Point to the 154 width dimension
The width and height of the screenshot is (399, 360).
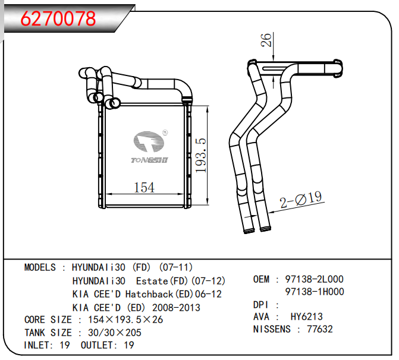pyautogui.click(x=144, y=188)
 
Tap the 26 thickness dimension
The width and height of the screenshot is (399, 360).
pyautogui.click(x=267, y=40)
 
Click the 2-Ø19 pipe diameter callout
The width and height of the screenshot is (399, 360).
pyautogui.click(x=300, y=200)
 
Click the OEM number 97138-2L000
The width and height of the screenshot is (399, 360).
pyautogui.click(x=315, y=279)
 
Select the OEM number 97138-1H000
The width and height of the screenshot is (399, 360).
pyautogui.click(x=315, y=292)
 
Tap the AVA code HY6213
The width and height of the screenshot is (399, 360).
pyautogui.click(x=306, y=317)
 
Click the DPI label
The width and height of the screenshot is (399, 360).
pyautogui.click(x=262, y=304)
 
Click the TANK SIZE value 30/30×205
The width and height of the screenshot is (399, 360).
pyautogui.click(x=114, y=333)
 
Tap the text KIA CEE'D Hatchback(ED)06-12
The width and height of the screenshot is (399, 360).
pyautogui.click(x=147, y=294)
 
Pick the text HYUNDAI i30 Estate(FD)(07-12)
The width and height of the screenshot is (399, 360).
pyautogui.click(x=149, y=280)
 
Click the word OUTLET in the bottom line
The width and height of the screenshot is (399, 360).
pyautogui.click(x=98, y=345)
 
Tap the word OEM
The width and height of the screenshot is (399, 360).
pyautogui.click(x=261, y=279)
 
